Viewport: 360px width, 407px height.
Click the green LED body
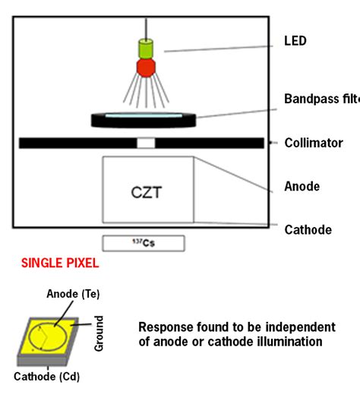coord(144,48)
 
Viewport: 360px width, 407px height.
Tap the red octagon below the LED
coord(144,67)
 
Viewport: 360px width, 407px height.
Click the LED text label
coord(295,41)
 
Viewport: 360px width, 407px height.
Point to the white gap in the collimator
coord(146,143)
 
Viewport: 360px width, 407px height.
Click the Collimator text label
coord(314,143)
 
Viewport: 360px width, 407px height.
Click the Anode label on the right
coord(302,186)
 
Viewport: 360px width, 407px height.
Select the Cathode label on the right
coord(308,229)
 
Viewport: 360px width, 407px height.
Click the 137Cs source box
coord(144,243)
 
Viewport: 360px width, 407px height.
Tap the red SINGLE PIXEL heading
coord(59,264)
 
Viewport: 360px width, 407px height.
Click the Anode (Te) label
coord(73,294)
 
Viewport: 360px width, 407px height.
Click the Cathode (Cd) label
coord(46,376)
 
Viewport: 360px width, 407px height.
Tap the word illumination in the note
coord(292,342)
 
